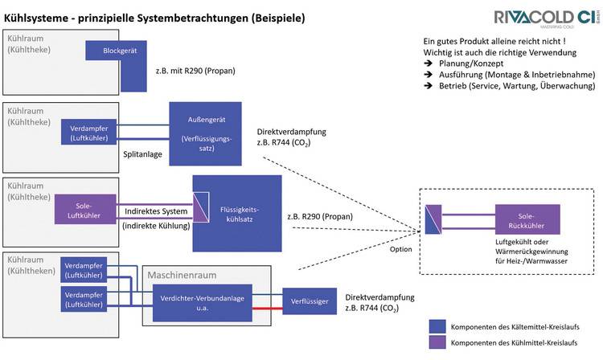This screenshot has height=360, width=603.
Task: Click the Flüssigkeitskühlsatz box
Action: pyautogui.click(x=237, y=213)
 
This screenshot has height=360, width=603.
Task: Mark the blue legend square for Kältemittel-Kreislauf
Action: pyautogui.click(x=438, y=326)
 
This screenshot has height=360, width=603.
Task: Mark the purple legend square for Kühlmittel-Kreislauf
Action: pyautogui.click(x=438, y=344)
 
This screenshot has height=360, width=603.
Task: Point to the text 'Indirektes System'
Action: pyautogui.click(x=156, y=211)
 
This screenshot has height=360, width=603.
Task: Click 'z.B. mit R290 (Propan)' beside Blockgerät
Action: pyautogui.click(x=195, y=72)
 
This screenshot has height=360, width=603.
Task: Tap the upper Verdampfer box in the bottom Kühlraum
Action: pyautogui.click(x=84, y=270)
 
